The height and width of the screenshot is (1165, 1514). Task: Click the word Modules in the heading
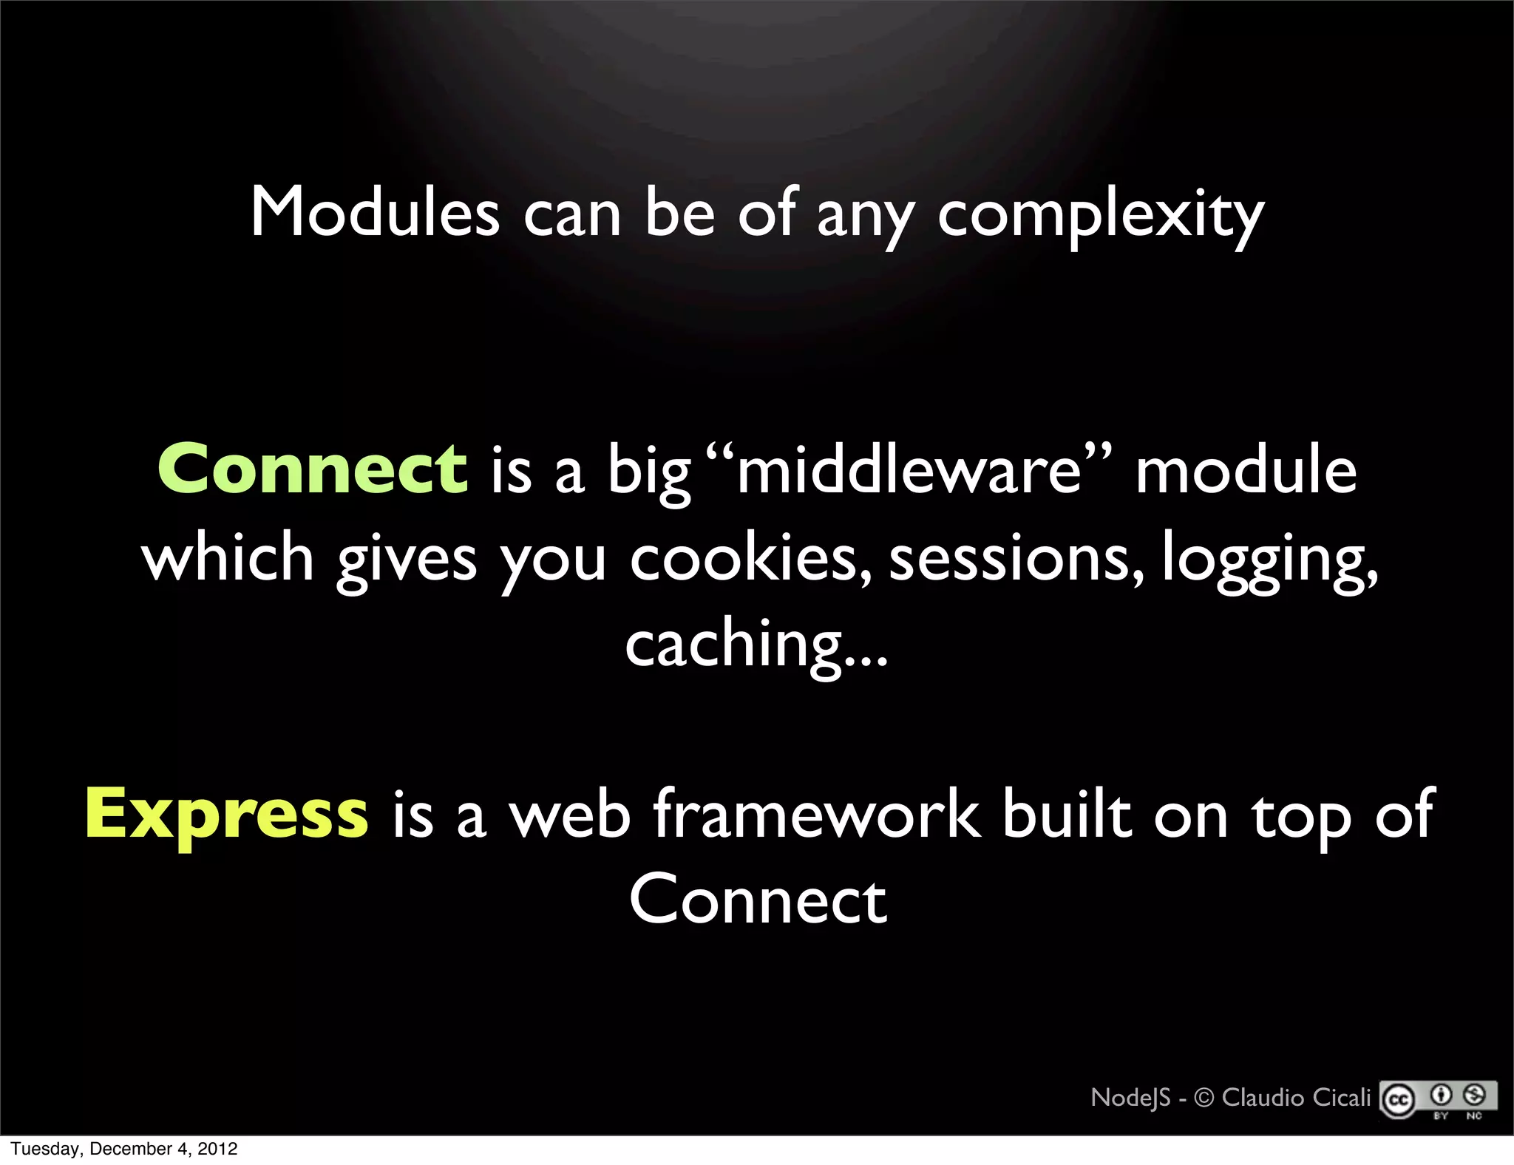point(375,213)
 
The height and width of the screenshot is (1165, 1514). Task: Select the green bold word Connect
point(312,469)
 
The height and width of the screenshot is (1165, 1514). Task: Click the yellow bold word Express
point(226,815)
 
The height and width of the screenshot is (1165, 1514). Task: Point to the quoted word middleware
point(909,471)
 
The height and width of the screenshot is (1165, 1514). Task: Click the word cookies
point(749,559)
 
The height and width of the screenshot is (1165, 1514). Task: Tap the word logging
point(1269,560)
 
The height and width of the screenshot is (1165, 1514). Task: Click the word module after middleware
point(1246,471)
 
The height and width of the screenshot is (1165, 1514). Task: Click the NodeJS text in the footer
point(1130,1098)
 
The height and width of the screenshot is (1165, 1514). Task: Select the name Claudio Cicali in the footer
point(1296,1098)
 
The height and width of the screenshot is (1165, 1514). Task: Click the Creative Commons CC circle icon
point(1398,1101)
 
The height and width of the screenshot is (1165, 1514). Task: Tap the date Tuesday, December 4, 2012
point(124,1149)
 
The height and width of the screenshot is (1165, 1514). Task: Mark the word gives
point(407,560)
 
